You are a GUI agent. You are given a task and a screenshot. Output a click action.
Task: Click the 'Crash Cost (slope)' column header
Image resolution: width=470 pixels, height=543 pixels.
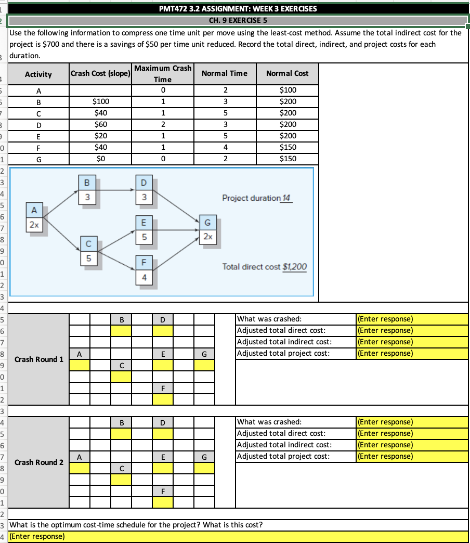point(100,73)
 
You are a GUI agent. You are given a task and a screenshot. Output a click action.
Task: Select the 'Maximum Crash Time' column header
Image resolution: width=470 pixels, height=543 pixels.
point(163,74)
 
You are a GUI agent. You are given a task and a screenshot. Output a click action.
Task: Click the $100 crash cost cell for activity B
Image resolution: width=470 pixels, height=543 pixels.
point(100,101)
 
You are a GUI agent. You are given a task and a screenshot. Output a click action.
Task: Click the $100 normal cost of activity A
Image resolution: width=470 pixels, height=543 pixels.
point(288,89)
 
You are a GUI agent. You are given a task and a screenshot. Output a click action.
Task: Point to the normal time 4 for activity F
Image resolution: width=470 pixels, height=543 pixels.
point(224,147)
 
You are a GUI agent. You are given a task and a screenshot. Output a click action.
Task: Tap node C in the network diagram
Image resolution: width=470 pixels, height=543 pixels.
point(88,251)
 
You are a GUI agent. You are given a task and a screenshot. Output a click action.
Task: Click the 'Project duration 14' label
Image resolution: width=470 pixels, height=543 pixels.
point(257,198)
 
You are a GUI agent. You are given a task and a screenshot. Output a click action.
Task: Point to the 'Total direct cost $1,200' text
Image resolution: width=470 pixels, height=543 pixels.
point(265,267)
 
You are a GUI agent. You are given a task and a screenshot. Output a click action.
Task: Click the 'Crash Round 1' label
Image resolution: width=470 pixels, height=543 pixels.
point(40,359)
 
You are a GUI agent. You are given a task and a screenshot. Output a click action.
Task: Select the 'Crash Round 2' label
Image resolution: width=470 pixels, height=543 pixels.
point(40,462)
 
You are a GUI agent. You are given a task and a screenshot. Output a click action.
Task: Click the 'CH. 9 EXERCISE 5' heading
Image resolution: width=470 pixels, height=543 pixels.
point(238,21)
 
